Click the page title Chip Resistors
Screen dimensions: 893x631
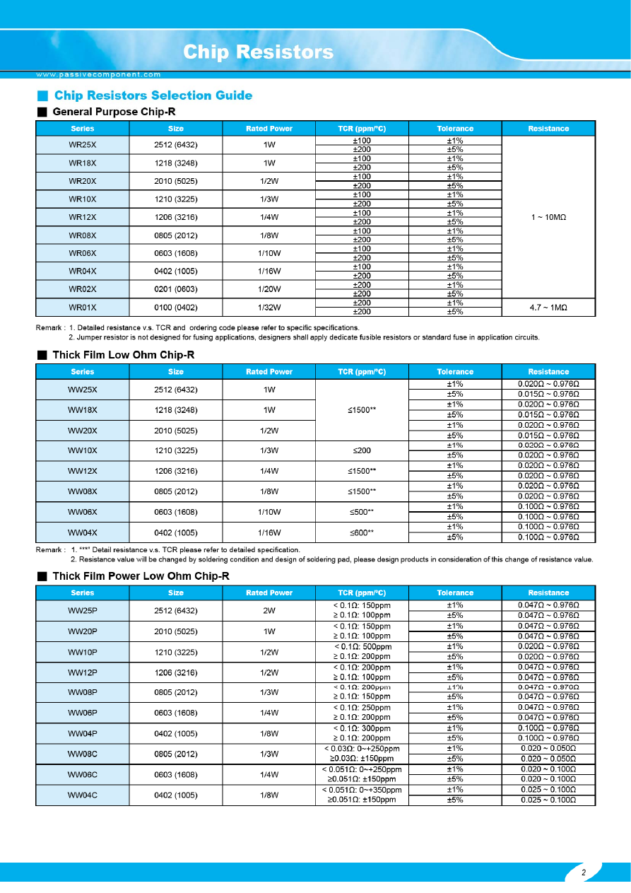pyautogui.click(x=258, y=52)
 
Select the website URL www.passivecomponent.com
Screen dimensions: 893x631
pyautogui.click(x=98, y=74)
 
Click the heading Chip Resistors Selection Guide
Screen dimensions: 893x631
pyautogui.click(x=153, y=95)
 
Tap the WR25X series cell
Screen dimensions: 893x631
pyautogui.click(x=82, y=145)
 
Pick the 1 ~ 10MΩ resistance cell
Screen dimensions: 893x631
pyautogui.click(x=548, y=217)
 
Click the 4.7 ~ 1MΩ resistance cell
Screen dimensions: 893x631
pyautogui.click(x=548, y=308)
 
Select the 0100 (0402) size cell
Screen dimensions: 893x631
pyautogui.click(x=175, y=308)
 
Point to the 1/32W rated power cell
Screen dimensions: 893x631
pyautogui.click(x=269, y=308)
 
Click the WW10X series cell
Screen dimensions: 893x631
pyautogui.click(x=82, y=450)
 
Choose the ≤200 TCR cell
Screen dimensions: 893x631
pyautogui.click(x=362, y=450)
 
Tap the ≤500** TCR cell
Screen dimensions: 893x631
pyautogui.click(x=362, y=512)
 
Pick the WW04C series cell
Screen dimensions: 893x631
pyautogui.click(x=82, y=795)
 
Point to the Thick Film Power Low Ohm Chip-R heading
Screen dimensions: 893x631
pyautogui.click(x=141, y=576)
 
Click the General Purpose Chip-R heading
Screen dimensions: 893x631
pyautogui.click(x=114, y=112)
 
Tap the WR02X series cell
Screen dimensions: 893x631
pyautogui.click(x=82, y=289)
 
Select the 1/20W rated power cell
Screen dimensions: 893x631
pyautogui.click(x=269, y=289)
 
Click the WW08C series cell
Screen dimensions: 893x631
pyautogui.click(x=82, y=754)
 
